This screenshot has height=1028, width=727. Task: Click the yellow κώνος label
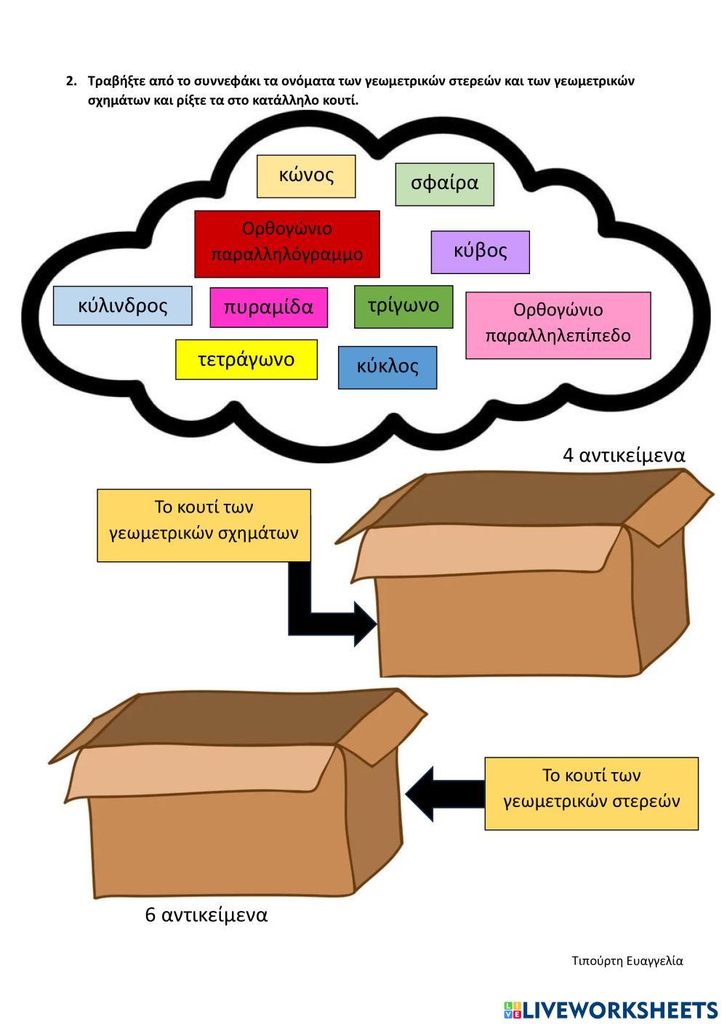pos(306,176)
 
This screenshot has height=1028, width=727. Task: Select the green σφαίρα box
pos(444,184)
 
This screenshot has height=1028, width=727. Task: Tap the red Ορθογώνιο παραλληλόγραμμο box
pos(287,244)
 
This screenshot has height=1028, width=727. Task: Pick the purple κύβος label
pos(480,252)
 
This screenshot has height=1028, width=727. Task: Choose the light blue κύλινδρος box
pos(123,305)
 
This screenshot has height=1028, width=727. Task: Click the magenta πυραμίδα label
pos(268,308)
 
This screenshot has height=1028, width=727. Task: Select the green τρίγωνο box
pos(403,306)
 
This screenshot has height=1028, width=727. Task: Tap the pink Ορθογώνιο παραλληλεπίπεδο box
pos(558,325)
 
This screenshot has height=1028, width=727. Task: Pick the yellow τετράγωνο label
pos(246,359)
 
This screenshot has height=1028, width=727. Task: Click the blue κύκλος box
pos(387,366)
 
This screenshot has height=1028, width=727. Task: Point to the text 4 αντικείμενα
pos(624,455)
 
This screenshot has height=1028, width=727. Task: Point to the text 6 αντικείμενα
pos(206,915)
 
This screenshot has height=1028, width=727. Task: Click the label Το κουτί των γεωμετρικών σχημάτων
pos(204,525)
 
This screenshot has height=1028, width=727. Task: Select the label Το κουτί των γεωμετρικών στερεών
pos(591,792)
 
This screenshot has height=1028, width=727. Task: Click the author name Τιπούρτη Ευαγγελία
pos(627,961)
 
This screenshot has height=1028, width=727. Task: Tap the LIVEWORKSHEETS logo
pos(611,1010)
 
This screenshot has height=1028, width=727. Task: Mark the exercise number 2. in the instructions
pos(71,81)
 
